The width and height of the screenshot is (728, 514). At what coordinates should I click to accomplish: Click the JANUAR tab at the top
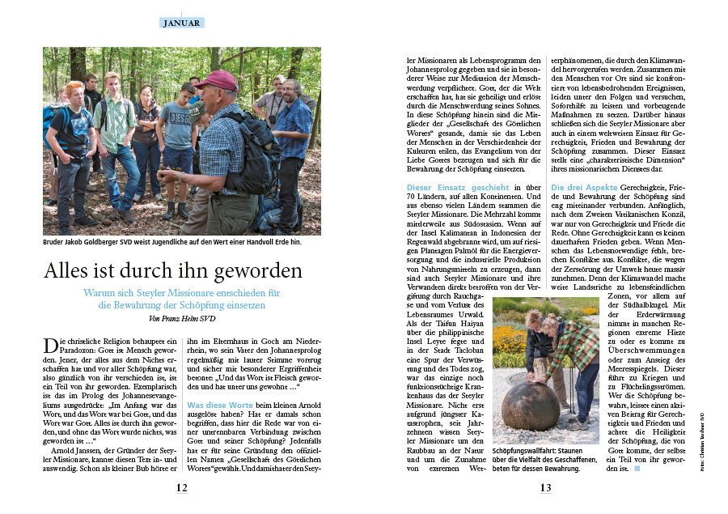click(x=181, y=23)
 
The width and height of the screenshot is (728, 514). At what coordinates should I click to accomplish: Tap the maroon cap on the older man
click(x=216, y=79)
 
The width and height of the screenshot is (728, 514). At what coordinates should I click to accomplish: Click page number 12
click(x=182, y=488)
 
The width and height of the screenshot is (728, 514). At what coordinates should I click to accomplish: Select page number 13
click(x=546, y=488)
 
